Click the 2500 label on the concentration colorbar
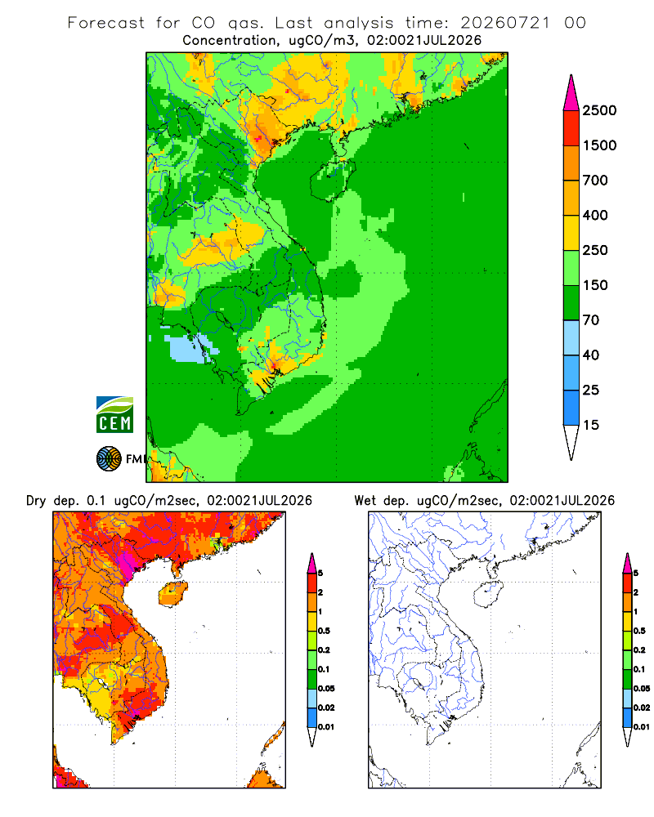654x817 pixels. coord(599,110)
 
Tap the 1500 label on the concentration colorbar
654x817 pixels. coord(599,145)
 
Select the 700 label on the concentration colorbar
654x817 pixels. coord(595,181)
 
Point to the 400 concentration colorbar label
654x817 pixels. coord(595,215)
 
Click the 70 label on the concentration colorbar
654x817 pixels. coord(591,320)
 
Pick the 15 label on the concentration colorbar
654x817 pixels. coord(591,425)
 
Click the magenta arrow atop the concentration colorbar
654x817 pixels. coord(571,93)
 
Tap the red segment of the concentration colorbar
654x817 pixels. coord(571,128)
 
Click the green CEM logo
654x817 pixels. coord(114,415)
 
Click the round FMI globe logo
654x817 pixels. coord(109,459)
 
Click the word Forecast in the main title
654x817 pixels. coord(106,23)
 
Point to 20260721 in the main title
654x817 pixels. coord(505,23)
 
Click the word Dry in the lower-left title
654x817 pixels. coord(36,501)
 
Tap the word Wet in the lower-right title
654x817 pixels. coord(365,501)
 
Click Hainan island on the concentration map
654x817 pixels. coord(333,180)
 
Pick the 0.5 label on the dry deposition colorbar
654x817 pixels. coord(324,631)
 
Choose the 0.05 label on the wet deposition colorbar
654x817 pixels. coord(642,689)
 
